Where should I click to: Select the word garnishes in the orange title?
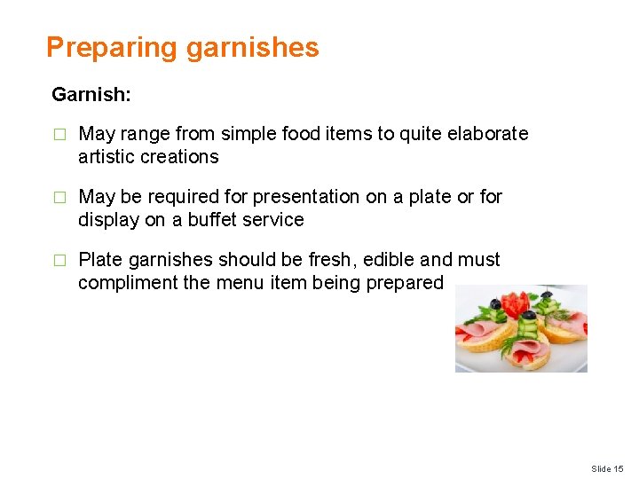click(252, 48)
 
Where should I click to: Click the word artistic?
click(109, 157)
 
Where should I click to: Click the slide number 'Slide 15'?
click(607, 468)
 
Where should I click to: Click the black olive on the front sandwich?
click(529, 316)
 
